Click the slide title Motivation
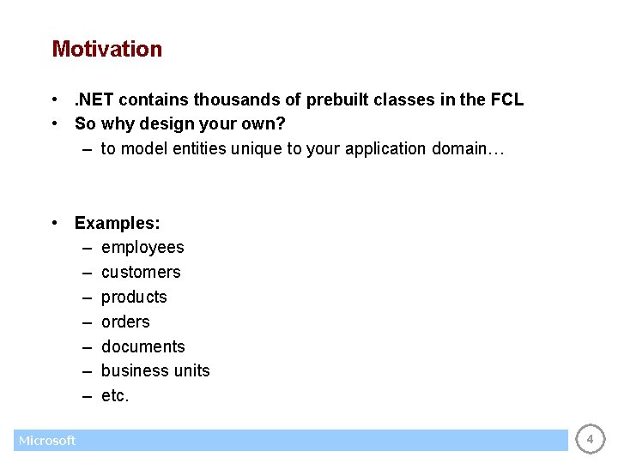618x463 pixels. (106, 49)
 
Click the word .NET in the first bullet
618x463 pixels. (93, 99)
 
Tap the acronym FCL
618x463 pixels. (506, 99)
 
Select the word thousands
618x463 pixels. (233, 99)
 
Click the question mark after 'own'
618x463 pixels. (282, 123)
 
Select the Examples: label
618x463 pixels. (118, 223)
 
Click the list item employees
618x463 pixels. (142, 248)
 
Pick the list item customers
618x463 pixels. (141, 272)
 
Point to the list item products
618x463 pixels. (134, 297)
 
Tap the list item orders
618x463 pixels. (125, 322)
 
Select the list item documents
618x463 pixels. (142, 346)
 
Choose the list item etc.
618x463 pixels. (115, 395)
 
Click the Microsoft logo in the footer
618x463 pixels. (47, 441)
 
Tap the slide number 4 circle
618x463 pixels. (589, 440)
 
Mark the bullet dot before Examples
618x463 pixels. (54, 223)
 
